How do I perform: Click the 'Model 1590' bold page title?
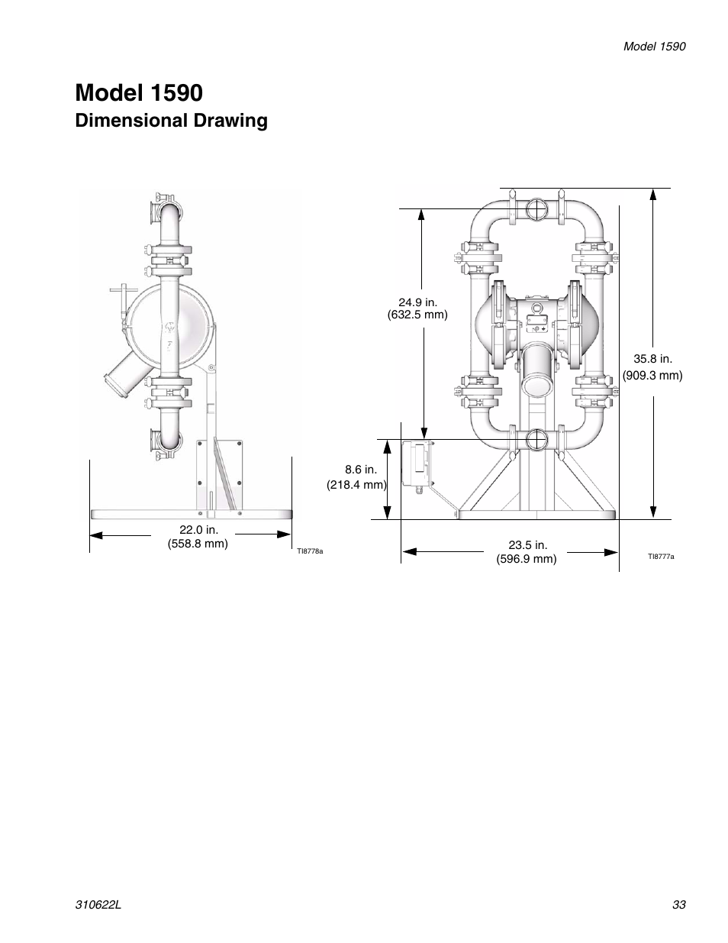point(139,93)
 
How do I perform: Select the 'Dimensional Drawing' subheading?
point(171,121)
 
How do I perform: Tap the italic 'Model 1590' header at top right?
point(654,47)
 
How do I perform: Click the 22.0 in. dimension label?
point(198,530)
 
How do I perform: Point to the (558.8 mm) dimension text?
point(198,544)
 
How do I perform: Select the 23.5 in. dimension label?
point(527,545)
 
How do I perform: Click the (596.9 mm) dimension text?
point(527,559)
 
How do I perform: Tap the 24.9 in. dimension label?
point(418,302)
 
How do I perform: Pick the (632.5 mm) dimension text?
point(417,315)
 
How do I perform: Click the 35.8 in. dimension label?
point(653,359)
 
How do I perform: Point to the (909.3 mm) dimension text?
point(652,376)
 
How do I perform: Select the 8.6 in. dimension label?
point(361,470)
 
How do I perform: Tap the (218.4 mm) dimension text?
point(356,485)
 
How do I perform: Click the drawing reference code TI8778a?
point(310,551)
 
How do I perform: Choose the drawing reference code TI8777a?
point(661,557)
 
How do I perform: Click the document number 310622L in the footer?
point(98,904)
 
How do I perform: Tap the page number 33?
point(679,904)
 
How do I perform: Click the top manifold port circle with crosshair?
point(536,209)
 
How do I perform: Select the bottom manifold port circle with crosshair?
point(536,440)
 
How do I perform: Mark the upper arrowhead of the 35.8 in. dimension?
point(653,194)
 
